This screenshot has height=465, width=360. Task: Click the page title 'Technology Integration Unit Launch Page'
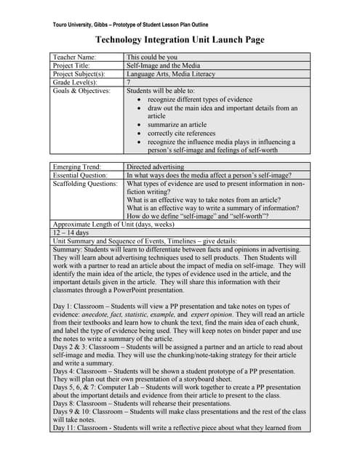[180, 40]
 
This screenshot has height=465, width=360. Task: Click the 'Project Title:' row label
[71, 65]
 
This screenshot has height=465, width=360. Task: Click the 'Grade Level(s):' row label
[75, 83]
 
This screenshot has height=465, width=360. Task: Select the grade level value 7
[129, 83]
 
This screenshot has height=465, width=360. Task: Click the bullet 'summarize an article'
[177, 125]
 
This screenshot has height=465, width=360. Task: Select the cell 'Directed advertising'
[156, 167]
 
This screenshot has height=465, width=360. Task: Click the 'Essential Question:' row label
[80, 176]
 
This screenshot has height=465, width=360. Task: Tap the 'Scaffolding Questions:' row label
[85, 185]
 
